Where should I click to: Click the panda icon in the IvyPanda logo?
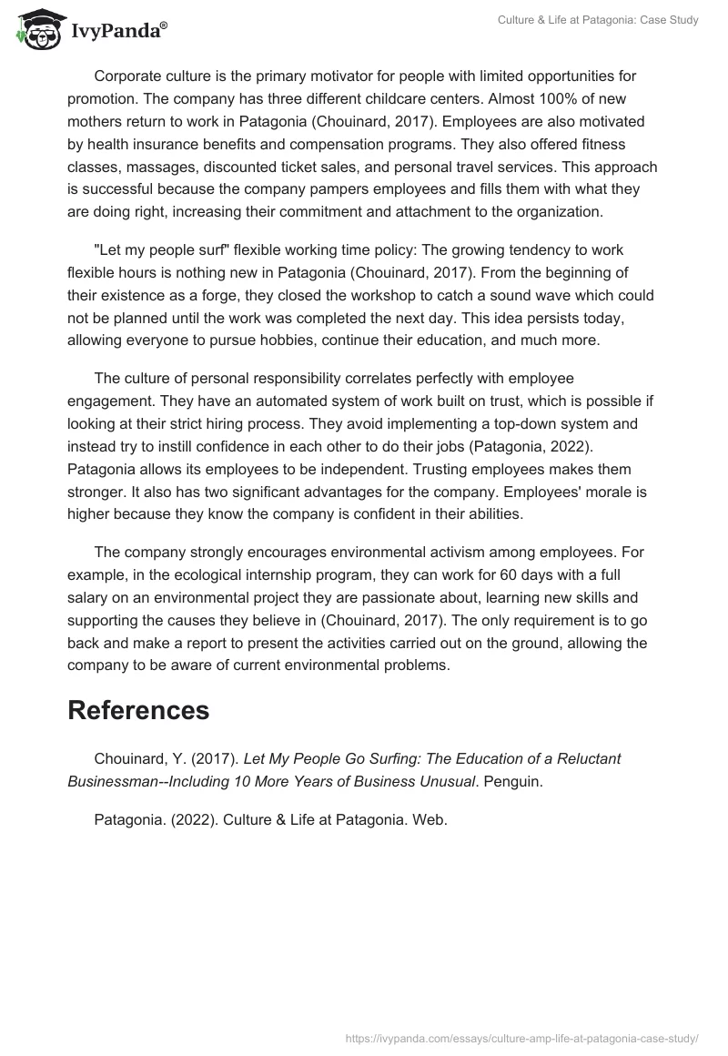pyautogui.click(x=35, y=29)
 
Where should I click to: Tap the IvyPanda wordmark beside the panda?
pyautogui.click(x=116, y=32)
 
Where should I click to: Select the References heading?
pyautogui.click(x=138, y=710)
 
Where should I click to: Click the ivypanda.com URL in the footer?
pyautogui.click(x=523, y=1037)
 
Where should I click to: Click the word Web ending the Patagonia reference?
pyautogui.click(x=429, y=819)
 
